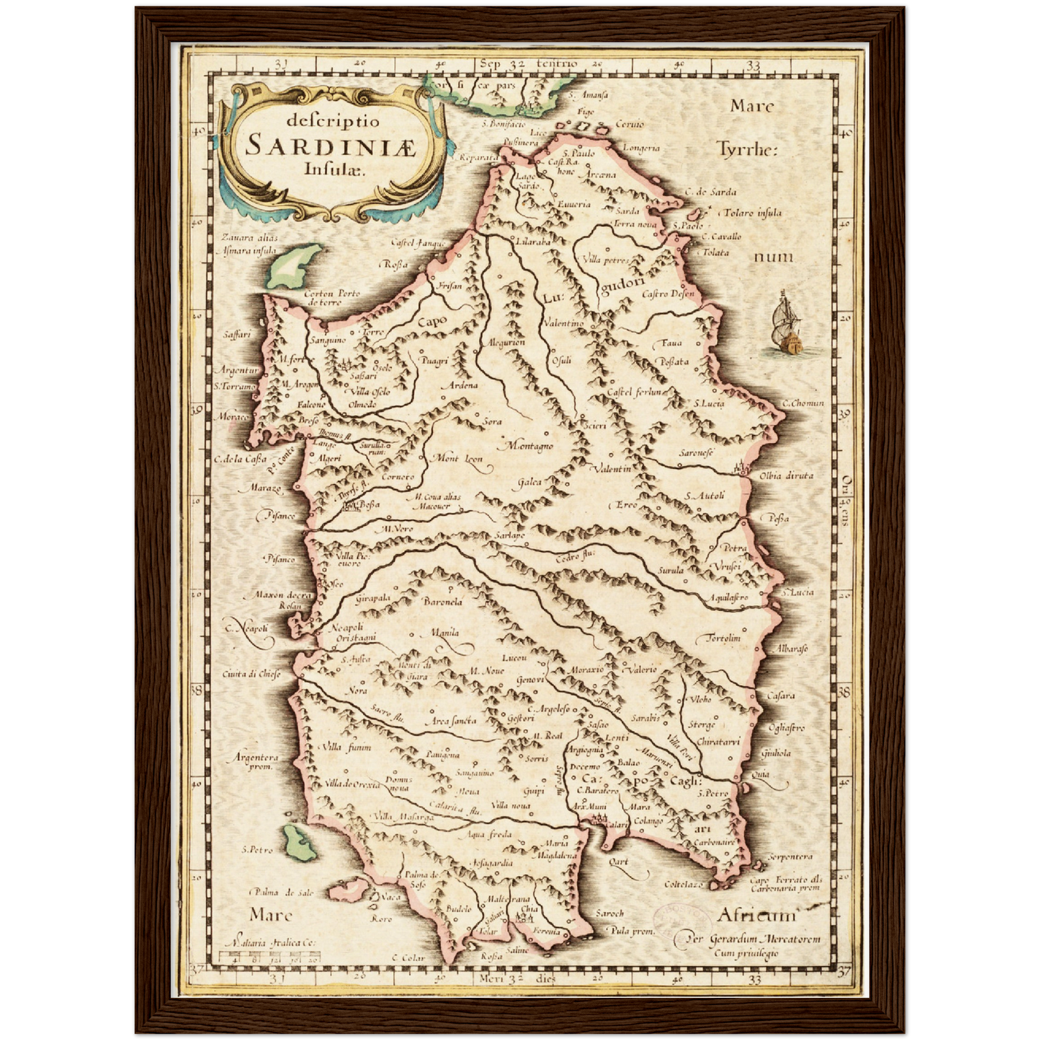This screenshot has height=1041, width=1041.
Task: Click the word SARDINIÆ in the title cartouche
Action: pyautogui.click(x=331, y=145)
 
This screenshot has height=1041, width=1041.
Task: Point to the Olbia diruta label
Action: pyautogui.click(x=786, y=475)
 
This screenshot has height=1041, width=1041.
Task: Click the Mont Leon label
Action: pyautogui.click(x=457, y=458)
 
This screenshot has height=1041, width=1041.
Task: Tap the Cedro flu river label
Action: pyautogui.click(x=575, y=555)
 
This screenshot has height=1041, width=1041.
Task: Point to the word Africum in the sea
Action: pyautogui.click(x=756, y=916)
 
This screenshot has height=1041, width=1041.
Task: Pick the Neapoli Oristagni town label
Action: pyautogui.click(x=352, y=633)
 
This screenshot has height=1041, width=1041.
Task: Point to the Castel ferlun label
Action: pyautogui.click(x=634, y=392)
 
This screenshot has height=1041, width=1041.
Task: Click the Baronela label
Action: pyautogui.click(x=442, y=602)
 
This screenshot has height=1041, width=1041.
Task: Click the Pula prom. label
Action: pyautogui.click(x=631, y=931)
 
